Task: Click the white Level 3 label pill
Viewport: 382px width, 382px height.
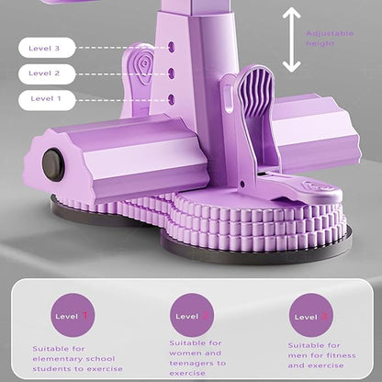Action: [47, 48]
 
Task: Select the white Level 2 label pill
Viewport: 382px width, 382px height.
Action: [47, 73]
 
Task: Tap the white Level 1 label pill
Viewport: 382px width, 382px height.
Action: [47, 99]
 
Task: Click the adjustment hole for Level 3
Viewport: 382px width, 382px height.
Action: [172, 47]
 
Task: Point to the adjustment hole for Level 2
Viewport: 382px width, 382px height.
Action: [172, 73]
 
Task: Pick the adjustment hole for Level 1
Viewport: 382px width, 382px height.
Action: [172, 98]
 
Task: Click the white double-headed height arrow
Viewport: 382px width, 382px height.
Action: [291, 39]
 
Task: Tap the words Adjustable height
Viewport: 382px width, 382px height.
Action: [330, 39]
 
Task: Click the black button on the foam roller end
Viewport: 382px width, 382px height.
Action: [53, 164]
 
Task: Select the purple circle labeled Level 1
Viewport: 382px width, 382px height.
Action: [73, 315]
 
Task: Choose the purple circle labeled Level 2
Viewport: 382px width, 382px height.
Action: [192, 315]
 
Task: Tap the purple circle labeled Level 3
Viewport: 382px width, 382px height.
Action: [311, 315]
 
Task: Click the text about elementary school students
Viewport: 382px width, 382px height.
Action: [77, 359]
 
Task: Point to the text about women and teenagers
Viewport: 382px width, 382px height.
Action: [197, 358]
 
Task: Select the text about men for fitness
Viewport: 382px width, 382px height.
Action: [321, 355]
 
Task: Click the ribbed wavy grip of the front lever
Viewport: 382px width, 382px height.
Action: [255, 90]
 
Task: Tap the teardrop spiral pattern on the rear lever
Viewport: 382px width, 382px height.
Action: [144, 67]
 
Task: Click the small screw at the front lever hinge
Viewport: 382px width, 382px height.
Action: [242, 185]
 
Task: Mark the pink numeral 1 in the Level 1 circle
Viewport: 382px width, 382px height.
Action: [85, 315]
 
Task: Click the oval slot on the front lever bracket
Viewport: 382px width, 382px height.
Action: [228, 98]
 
